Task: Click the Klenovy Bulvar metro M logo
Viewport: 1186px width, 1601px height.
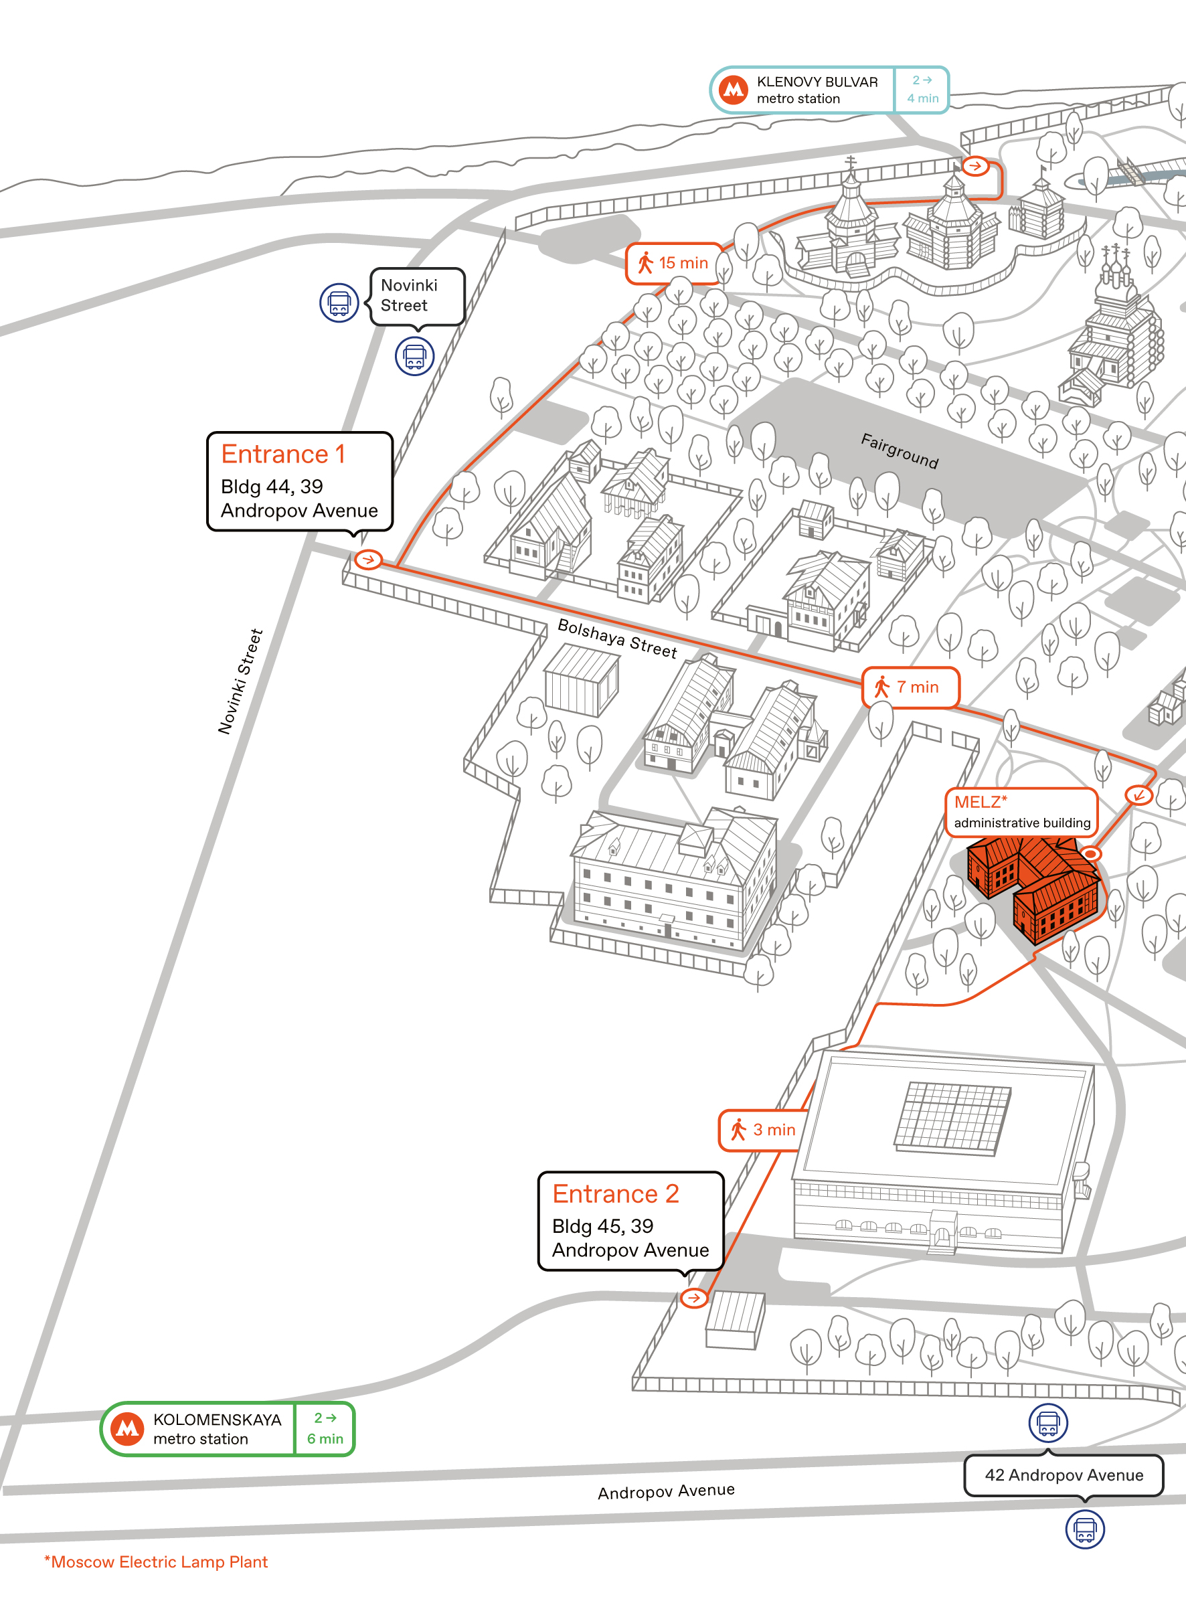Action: click(733, 90)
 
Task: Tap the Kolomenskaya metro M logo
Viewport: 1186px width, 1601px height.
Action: click(127, 1429)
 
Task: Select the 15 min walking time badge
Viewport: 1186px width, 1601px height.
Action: click(673, 264)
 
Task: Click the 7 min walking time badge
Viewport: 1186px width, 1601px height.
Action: click(910, 687)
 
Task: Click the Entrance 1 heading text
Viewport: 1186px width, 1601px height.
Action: click(283, 454)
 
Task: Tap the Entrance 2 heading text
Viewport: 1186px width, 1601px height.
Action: click(615, 1193)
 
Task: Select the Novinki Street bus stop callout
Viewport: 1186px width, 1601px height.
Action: click(417, 297)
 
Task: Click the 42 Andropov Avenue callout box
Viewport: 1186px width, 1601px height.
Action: click(1064, 1475)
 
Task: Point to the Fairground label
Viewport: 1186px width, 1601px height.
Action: click(900, 450)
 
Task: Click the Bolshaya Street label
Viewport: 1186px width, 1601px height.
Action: click(617, 639)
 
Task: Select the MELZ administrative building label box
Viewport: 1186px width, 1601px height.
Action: click(1021, 812)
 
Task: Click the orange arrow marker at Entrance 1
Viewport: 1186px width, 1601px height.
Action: click(368, 560)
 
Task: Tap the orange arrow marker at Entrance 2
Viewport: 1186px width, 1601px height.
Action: click(693, 1298)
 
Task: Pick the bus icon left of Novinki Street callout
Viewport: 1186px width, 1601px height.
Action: click(339, 303)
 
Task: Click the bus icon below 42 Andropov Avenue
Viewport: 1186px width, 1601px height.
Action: click(1085, 1529)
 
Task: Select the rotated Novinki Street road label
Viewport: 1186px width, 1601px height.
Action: click(240, 681)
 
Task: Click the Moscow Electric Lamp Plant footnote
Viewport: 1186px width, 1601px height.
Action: click(156, 1562)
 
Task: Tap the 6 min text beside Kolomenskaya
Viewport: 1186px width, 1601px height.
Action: click(325, 1439)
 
